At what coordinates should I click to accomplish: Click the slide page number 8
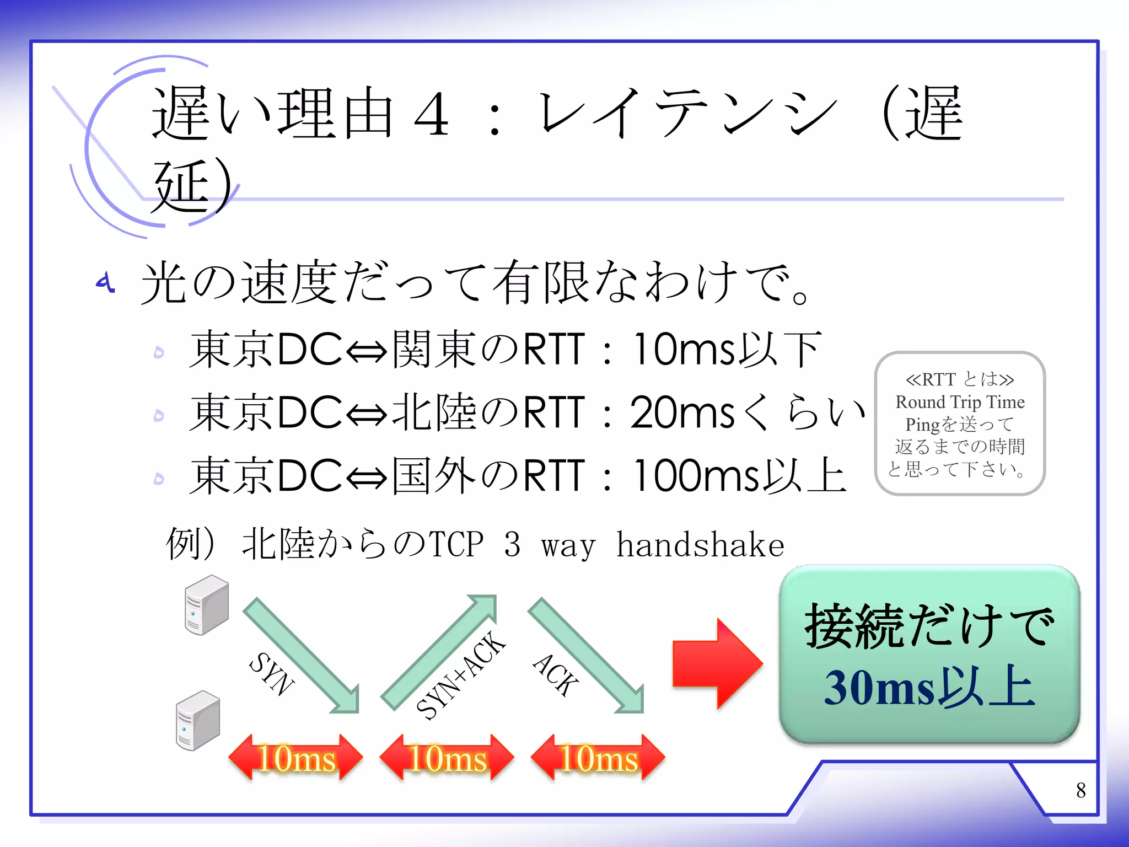click(1080, 790)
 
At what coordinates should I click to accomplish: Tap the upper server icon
click(206, 604)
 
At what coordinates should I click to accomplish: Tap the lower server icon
click(198, 720)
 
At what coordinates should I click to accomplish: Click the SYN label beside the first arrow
click(271, 674)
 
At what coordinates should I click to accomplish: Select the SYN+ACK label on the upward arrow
click(461, 675)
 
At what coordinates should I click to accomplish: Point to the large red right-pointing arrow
click(717, 663)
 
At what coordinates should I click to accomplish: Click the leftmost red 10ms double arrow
click(296, 758)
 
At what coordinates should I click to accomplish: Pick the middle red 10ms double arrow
click(447, 758)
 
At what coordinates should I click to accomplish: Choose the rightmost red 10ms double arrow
click(598, 758)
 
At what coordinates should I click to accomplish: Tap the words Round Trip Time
click(960, 402)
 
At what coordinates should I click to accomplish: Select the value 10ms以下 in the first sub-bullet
click(727, 350)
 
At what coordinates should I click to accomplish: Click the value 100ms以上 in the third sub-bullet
click(739, 475)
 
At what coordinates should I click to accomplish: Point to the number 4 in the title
click(432, 114)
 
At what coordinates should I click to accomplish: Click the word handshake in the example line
click(700, 545)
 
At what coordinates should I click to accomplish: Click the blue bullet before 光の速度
click(105, 282)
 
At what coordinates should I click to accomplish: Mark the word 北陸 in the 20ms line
click(434, 412)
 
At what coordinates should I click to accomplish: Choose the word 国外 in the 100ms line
click(434, 475)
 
